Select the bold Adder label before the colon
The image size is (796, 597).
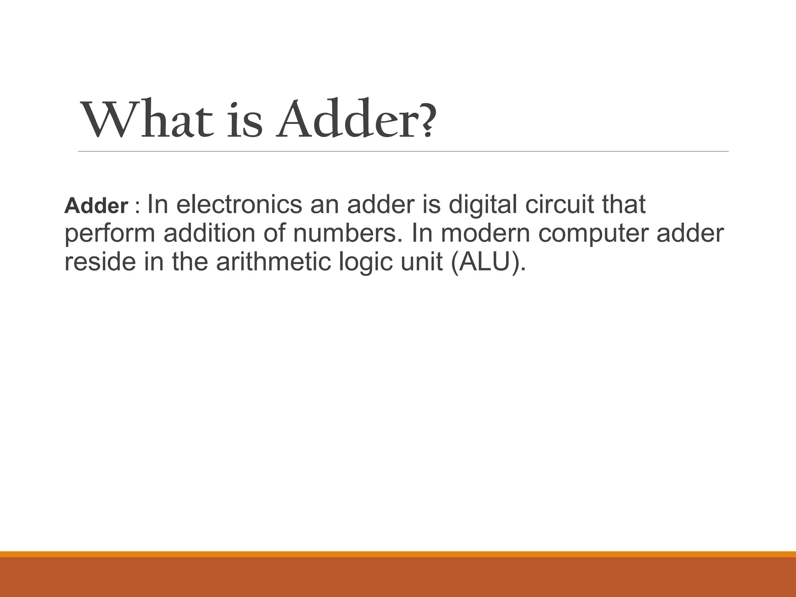96,206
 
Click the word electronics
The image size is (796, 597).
239,204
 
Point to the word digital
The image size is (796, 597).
482,205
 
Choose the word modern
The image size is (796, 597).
486,233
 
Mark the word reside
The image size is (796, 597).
100,262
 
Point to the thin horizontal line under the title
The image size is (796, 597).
403,151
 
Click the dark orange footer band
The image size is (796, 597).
398,578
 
